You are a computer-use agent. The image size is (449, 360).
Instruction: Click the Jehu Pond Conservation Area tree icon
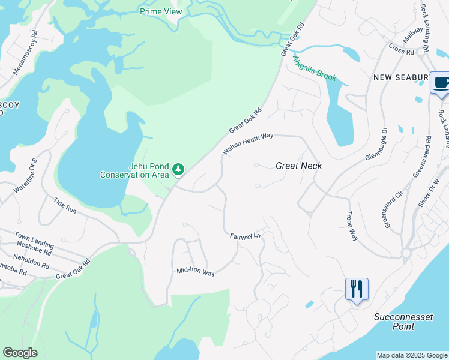(178, 170)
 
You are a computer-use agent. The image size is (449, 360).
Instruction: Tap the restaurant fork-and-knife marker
(357, 289)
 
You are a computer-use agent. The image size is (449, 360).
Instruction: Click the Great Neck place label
(299, 166)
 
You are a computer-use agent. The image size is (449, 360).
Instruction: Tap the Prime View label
(161, 11)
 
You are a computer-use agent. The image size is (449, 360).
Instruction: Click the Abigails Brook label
(314, 68)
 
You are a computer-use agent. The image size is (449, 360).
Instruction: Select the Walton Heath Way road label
(248, 144)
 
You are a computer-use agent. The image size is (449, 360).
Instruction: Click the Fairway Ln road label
(245, 236)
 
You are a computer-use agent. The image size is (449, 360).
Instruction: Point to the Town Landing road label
(34, 241)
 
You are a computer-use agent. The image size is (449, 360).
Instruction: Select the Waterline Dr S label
(26, 175)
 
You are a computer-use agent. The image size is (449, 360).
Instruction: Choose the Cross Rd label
(402, 50)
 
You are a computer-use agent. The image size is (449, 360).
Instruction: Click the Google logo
(20, 353)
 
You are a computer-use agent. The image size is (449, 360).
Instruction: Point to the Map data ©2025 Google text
(412, 355)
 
